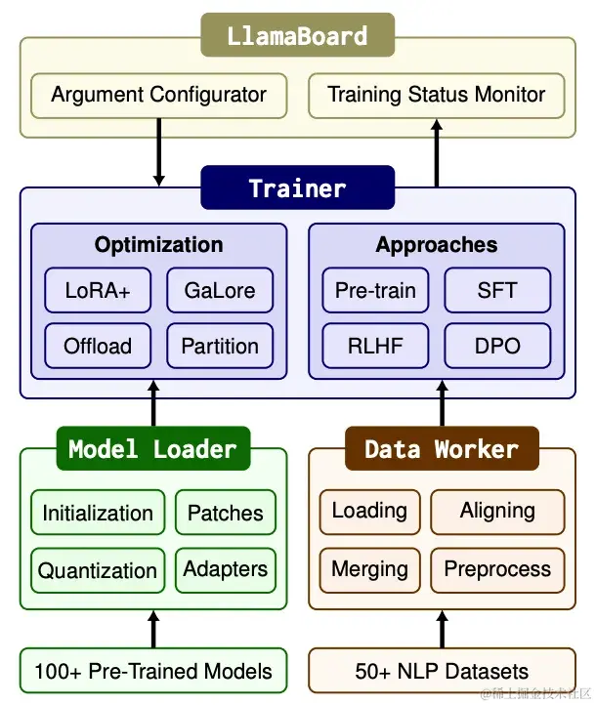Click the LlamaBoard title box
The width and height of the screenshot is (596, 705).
point(297,37)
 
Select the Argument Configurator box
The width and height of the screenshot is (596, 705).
point(158,96)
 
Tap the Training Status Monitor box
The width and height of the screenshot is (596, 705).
point(436,96)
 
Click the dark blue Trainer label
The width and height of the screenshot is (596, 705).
point(297,187)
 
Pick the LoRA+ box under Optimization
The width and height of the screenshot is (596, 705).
point(98,290)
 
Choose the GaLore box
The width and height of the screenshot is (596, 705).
point(220,290)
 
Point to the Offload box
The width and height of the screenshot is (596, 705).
point(98,346)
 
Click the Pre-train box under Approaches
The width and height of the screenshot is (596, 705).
point(375,290)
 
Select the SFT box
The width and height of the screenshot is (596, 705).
point(497,290)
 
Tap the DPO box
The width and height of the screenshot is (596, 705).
point(497,346)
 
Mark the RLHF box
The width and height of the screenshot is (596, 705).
point(375,346)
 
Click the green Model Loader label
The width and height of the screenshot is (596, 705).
point(152,449)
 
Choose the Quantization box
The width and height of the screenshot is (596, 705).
point(98,570)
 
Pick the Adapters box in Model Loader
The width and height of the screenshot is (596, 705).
point(226,569)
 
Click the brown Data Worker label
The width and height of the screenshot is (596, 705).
point(442,449)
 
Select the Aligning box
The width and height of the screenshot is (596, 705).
point(497,511)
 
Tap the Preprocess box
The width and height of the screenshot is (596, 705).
point(497,569)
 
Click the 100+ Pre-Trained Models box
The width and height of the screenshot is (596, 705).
point(153,671)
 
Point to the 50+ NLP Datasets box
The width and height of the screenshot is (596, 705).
point(442,671)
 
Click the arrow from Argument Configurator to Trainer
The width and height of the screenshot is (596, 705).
point(158,152)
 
